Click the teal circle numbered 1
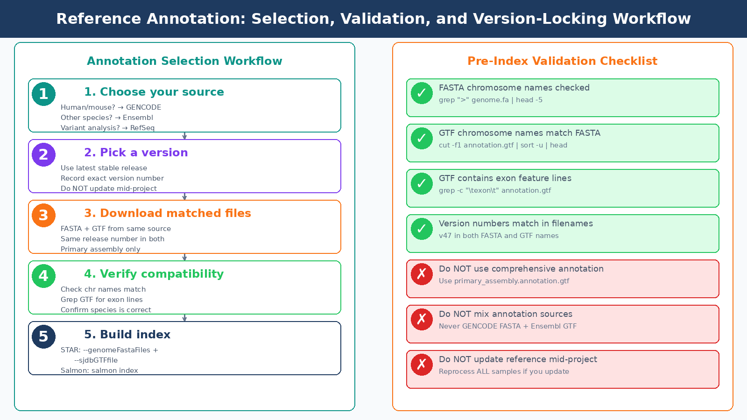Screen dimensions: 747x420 click(43, 94)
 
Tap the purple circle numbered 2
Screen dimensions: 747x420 click(43, 154)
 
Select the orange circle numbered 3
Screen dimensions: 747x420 click(43, 215)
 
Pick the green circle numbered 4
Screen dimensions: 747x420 click(43, 276)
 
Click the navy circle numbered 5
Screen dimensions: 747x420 click(43, 336)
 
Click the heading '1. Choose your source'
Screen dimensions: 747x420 click(154, 92)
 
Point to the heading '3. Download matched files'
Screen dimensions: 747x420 click(167, 213)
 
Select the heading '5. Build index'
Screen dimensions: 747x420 click(127, 335)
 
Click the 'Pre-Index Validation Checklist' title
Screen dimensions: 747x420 click(562, 61)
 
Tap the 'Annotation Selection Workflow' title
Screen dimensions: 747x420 click(184, 61)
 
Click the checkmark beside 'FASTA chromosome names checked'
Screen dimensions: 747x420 click(422, 93)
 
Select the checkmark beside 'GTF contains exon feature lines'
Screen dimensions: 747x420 click(422, 183)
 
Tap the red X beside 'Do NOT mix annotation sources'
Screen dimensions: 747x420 click(422, 319)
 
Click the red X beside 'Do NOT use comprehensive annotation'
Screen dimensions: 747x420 click(422, 274)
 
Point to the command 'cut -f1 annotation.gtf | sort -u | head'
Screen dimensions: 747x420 click(503, 145)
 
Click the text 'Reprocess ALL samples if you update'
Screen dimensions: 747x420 click(504, 371)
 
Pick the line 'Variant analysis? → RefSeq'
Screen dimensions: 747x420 click(107, 128)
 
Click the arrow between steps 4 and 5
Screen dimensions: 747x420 click(184, 318)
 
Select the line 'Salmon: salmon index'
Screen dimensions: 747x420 click(99, 371)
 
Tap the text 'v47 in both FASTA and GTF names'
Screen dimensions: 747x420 click(499, 236)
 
